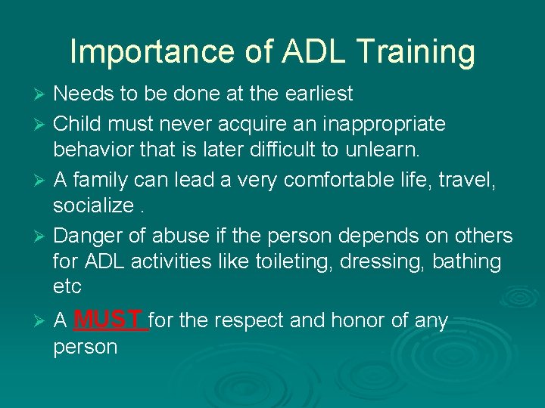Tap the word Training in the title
(416, 52)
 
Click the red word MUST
(110, 320)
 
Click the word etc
(67, 288)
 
